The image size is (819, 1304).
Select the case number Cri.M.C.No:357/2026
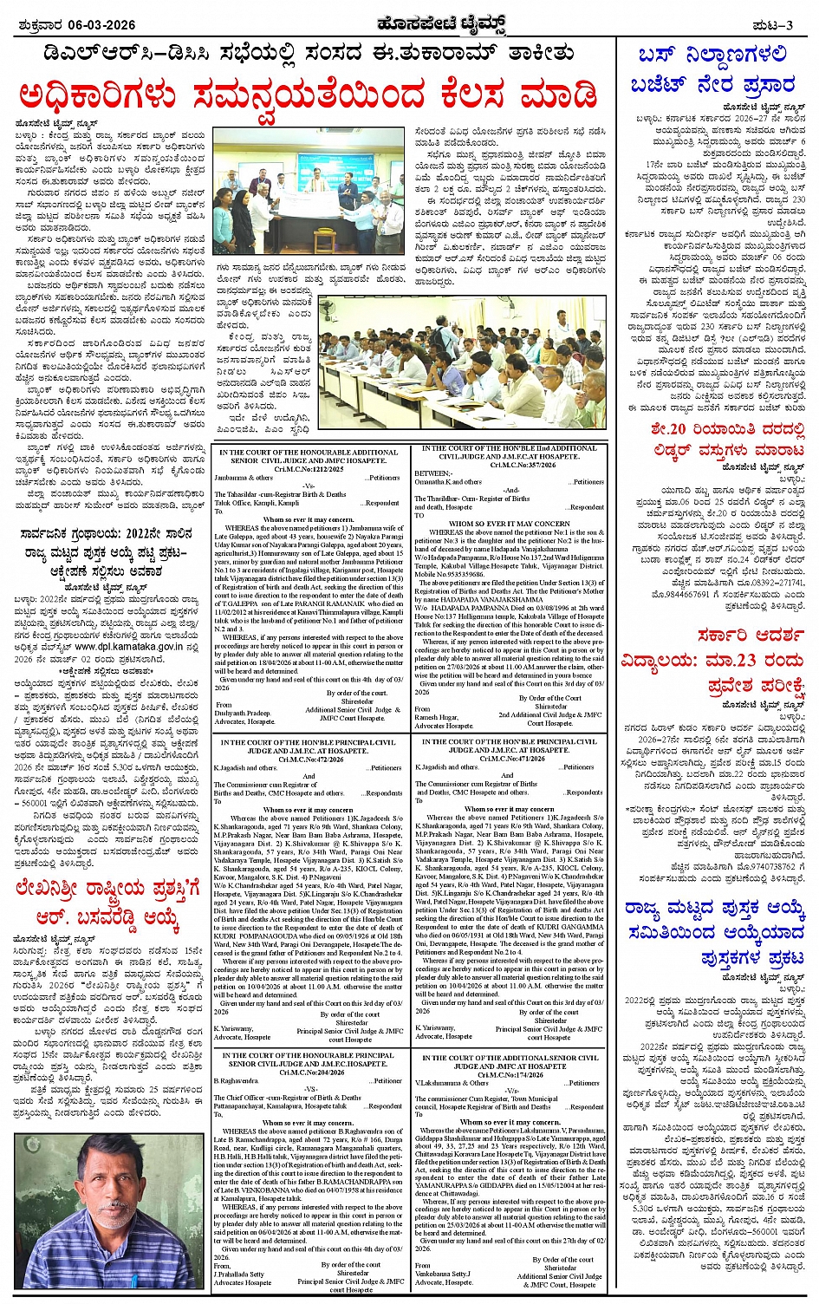pos(509,465)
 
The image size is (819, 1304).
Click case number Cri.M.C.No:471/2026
pos(508,759)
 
